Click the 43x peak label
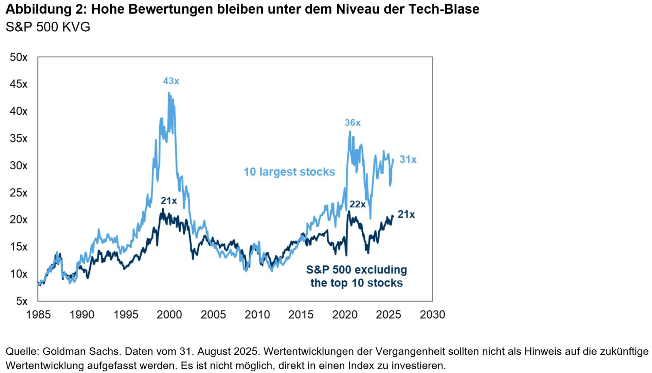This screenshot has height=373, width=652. click(171, 81)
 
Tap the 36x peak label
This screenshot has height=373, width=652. click(352, 123)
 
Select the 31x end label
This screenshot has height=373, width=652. click(408, 160)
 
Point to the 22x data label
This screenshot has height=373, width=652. click(358, 204)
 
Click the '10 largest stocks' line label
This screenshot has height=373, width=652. click(289, 172)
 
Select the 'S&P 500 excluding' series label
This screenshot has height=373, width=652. click(357, 270)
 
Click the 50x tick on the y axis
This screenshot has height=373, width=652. click(18, 57)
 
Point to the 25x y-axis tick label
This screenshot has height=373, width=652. click(18, 193)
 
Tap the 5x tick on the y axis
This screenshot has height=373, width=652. click(22, 301)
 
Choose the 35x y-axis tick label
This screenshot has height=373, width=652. click(18, 138)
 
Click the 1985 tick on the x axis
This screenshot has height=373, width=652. click(38, 315)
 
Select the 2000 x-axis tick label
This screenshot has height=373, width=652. click(169, 315)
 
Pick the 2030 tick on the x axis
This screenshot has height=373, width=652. click(432, 315)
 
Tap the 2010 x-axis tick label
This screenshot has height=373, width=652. click(257, 315)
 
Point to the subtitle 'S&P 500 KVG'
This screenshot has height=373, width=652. click(48, 27)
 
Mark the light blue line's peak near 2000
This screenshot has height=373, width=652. click(169, 93)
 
